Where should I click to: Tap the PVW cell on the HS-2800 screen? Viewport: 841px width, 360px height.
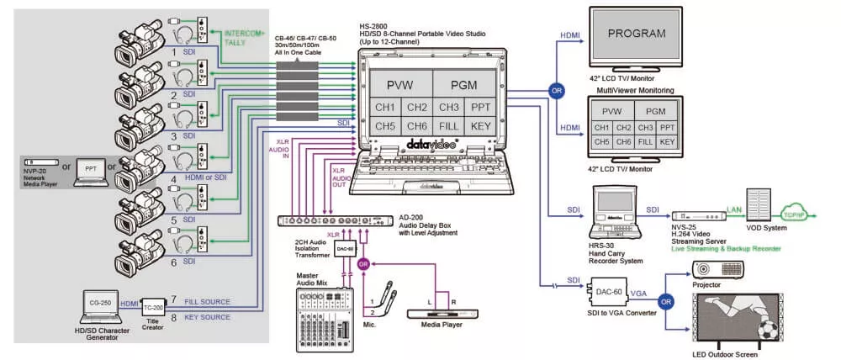(x=395, y=85)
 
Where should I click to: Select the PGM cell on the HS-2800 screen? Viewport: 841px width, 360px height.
(x=463, y=85)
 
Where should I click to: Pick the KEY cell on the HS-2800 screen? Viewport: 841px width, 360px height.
(x=480, y=126)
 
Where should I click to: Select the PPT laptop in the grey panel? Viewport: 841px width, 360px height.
(x=89, y=169)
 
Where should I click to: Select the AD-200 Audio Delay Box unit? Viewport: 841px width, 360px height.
(x=336, y=221)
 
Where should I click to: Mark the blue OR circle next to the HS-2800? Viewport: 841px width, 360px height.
(x=555, y=90)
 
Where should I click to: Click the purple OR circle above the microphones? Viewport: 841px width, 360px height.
(x=363, y=264)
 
